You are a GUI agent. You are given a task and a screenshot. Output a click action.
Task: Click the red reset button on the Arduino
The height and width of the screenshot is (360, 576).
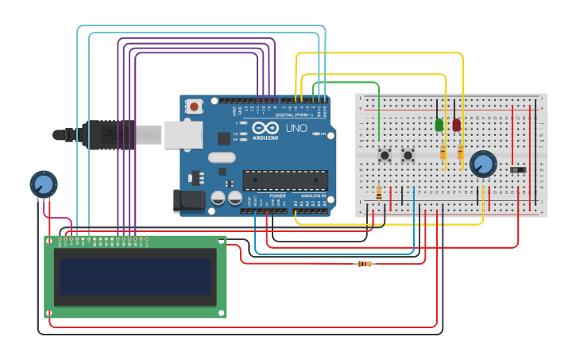point(194,106)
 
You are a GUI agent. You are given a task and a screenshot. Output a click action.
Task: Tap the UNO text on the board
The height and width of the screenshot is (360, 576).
point(296,128)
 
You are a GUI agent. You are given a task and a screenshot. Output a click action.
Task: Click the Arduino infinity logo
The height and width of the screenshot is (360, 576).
point(265,128)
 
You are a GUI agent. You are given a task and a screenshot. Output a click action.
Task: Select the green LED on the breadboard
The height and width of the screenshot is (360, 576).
point(439,125)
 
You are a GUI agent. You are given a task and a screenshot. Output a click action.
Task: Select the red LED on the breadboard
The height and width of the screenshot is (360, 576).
point(457,125)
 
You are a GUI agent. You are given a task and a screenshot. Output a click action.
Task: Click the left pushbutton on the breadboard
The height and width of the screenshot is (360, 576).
point(385,155)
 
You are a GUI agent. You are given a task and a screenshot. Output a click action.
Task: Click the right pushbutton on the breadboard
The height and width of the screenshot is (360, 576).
point(408,155)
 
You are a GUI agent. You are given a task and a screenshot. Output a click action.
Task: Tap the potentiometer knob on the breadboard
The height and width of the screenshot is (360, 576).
point(481,165)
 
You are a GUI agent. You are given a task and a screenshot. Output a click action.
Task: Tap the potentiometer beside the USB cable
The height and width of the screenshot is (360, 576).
point(44,184)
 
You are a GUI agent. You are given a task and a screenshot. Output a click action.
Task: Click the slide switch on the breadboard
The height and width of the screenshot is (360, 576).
point(519,170)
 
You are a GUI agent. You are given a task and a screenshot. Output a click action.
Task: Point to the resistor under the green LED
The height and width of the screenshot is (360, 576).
point(443,153)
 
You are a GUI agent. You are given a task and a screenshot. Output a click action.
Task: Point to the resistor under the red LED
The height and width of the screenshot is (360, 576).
point(460,153)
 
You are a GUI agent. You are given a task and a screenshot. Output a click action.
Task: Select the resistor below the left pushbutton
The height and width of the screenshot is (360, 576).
point(379,192)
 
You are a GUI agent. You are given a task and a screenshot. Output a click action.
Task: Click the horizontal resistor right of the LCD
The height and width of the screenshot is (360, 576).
point(365,264)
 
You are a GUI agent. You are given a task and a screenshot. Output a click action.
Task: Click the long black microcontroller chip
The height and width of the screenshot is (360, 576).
point(284,180)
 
